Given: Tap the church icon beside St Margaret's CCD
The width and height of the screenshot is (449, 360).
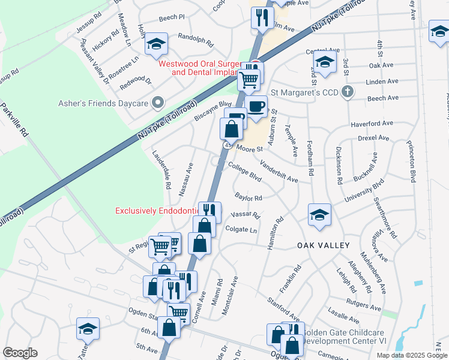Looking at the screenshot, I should (345, 92).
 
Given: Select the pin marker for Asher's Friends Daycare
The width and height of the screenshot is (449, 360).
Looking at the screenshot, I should (158, 103).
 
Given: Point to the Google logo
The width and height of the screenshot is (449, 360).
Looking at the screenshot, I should (19, 353).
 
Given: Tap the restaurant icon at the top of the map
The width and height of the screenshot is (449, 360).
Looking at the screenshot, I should (261, 17).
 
